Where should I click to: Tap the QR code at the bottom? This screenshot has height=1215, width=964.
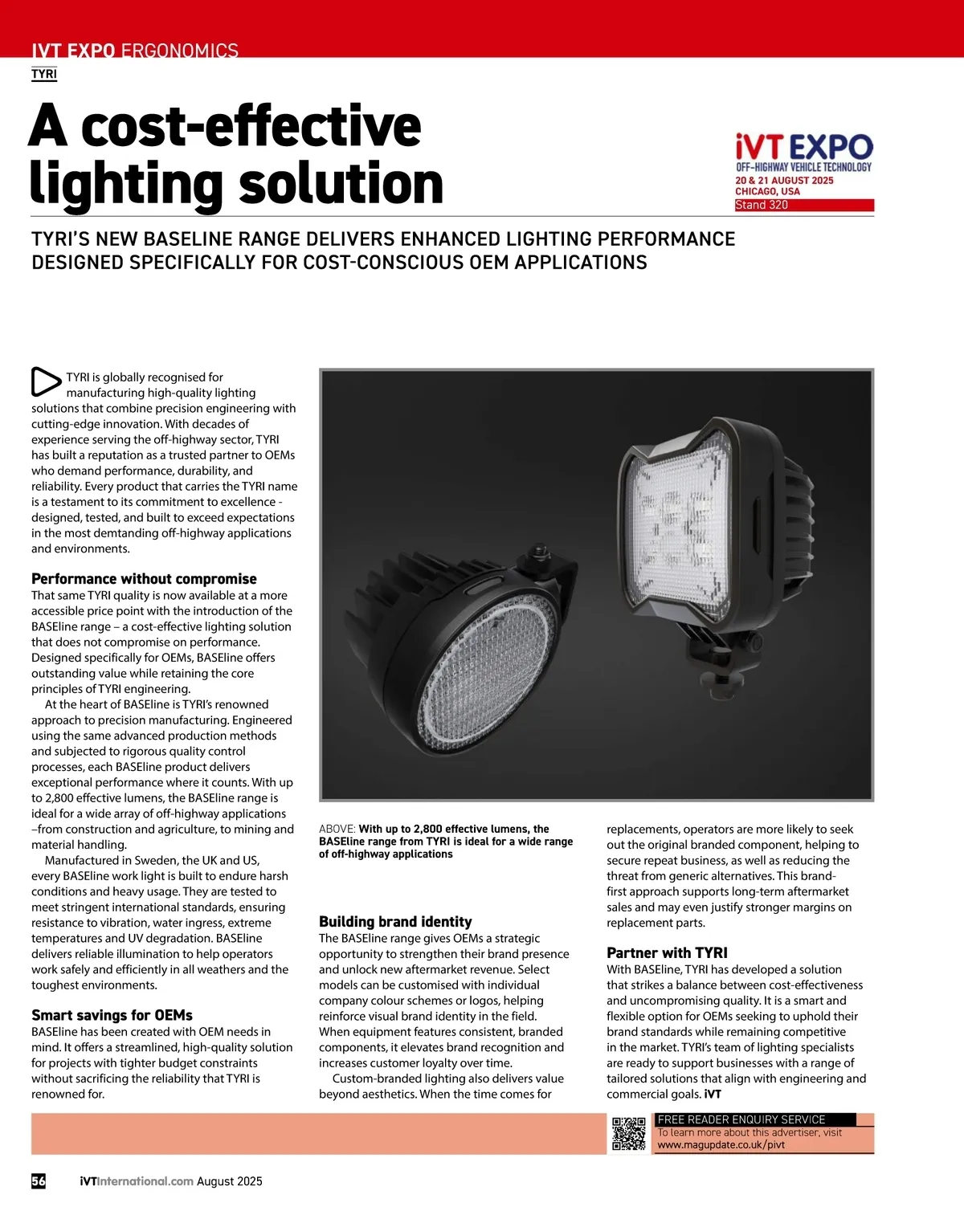click(629, 1133)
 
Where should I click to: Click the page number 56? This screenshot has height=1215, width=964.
click(39, 1180)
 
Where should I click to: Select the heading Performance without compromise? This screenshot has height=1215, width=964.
click(144, 578)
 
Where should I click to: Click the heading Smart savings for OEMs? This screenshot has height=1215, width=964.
click(112, 1015)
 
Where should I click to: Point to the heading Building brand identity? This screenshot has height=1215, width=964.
click(395, 921)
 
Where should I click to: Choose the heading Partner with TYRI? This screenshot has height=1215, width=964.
click(667, 952)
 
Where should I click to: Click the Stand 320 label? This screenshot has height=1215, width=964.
click(762, 205)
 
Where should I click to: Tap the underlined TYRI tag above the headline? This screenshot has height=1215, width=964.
click(44, 74)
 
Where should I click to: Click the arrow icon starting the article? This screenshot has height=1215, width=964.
click(46, 382)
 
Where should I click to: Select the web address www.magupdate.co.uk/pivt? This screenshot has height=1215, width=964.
click(721, 1144)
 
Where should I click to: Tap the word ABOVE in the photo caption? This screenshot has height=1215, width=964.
click(337, 829)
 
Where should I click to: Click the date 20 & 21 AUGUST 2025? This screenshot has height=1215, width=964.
click(784, 181)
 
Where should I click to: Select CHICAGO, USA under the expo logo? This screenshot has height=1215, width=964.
click(767, 192)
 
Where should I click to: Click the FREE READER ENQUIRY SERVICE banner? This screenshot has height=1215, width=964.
click(741, 1119)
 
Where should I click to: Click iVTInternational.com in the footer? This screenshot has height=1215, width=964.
click(137, 1181)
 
